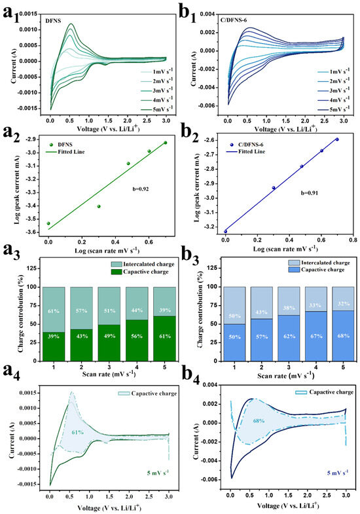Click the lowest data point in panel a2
coord(48,223)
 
